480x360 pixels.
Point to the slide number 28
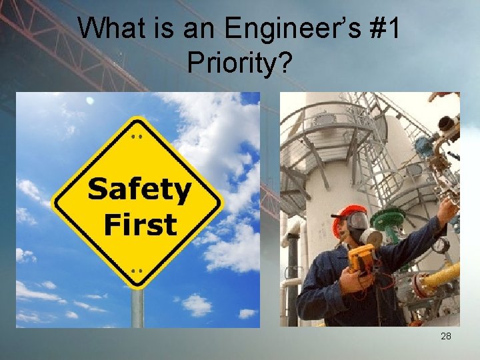coord(446,336)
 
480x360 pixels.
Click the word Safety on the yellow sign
coord(139,190)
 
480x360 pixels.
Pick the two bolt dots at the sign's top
coord(137,135)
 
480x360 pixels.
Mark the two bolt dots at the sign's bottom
coord(137,271)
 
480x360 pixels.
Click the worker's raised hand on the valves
coord(447,209)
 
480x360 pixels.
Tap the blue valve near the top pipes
coord(424,146)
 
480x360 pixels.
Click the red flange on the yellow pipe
coord(422,285)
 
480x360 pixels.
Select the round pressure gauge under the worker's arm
coord(441,245)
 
